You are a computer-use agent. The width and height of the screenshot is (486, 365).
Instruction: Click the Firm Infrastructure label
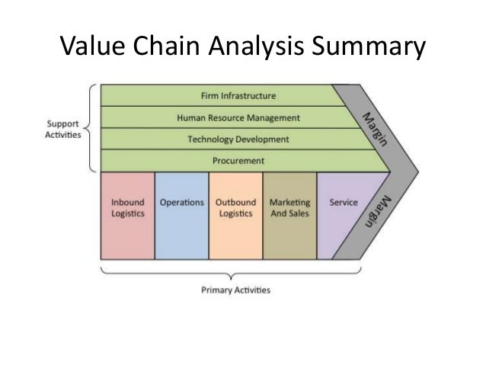(238, 96)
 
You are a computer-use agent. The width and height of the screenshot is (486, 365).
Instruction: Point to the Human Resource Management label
(238, 118)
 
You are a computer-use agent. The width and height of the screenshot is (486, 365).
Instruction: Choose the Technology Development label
(238, 139)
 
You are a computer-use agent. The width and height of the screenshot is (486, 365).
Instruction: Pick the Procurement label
(238, 161)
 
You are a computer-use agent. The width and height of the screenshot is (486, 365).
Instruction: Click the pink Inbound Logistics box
(127, 216)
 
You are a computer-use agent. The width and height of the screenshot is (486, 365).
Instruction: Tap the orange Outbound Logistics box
(235, 216)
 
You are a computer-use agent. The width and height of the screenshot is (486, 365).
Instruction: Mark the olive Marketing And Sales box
(289, 216)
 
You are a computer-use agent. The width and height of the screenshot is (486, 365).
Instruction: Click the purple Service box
(339, 216)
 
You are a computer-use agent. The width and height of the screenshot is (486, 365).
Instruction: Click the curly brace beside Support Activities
(93, 128)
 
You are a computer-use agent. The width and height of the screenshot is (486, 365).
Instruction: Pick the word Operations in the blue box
(181, 203)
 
